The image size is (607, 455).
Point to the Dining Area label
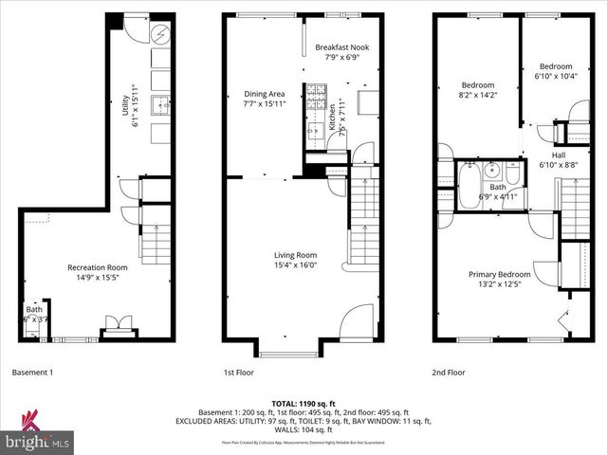[x=265, y=94]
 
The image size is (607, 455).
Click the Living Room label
[x=295, y=255]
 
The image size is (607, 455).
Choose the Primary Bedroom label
[x=500, y=275]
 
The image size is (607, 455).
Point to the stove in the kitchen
[x=315, y=96]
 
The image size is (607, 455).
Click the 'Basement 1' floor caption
[x=33, y=373]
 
